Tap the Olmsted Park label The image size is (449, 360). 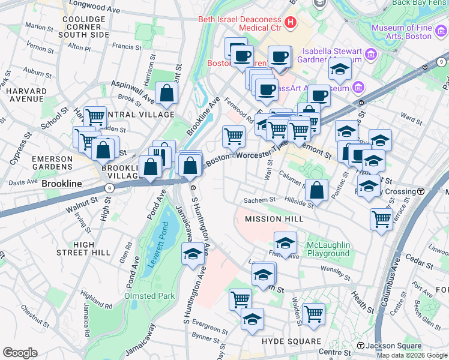pyautogui.click(x=149, y=296)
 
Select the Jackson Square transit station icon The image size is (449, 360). pyautogui.click(x=360, y=346)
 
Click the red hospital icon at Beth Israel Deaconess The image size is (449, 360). pyautogui.click(x=291, y=23)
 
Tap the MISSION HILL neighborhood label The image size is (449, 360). pyautogui.click(x=274, y=220)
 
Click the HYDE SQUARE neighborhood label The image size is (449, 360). pyautogui.click(x=292, y=341)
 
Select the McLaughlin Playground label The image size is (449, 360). pyautogui.click(x=328, y=249)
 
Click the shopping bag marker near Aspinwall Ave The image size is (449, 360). pyautogui.click(x=166, y=93)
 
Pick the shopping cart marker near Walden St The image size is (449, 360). pyautogui.click(x=313, y=313)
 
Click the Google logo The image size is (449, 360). pyautogui.click(x=20, y=353)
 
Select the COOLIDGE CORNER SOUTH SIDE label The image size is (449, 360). pyautogui.click(x=86, y=27)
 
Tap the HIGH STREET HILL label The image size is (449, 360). pyautogui.click(x=92, y=248)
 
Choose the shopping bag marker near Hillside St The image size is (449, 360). pyautogui.click(x=316, y=190)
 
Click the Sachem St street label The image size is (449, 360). pyautogui.click(x=259, y=200)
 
